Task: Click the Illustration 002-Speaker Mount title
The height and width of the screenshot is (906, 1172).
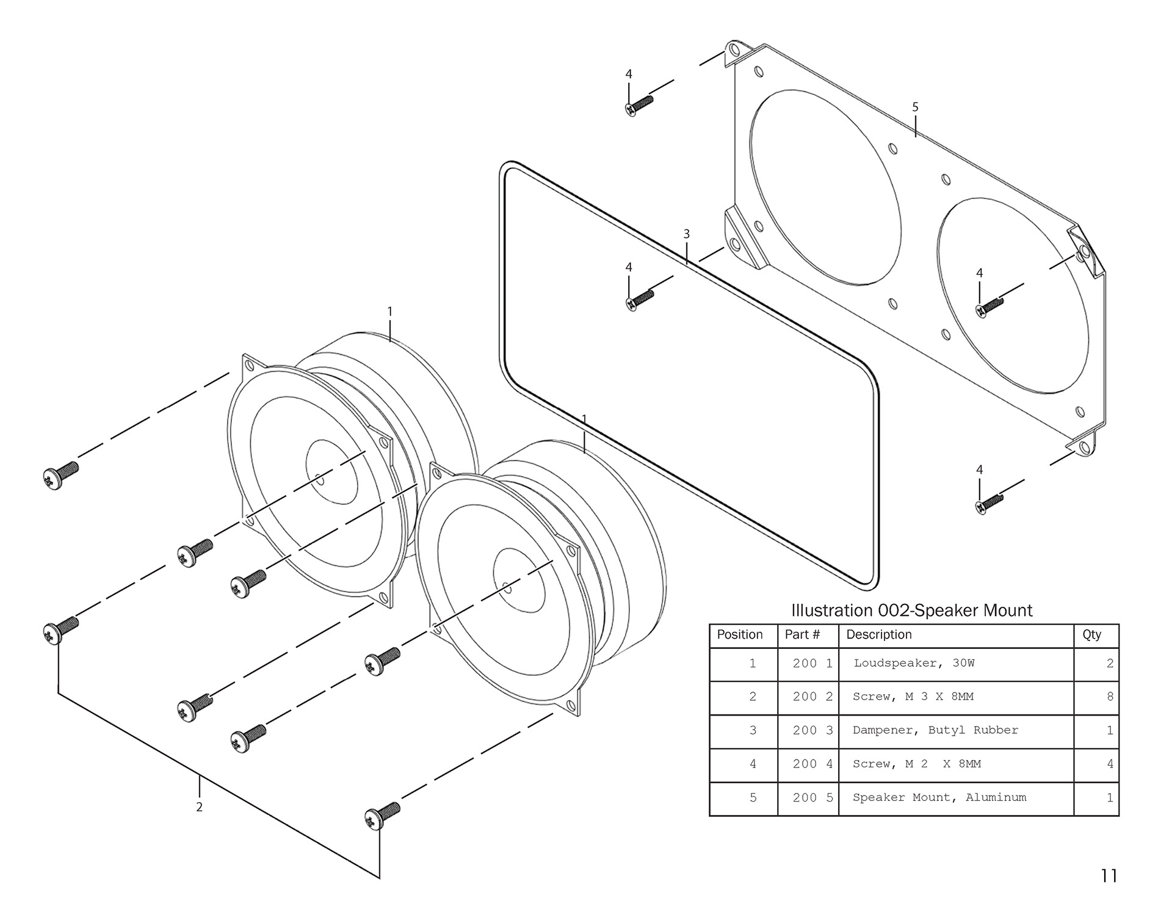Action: point(911,611)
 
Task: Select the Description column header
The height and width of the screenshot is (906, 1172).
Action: point(878,635)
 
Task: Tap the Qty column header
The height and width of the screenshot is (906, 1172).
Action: point(1091,635)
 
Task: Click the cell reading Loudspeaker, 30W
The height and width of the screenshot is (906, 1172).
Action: point(914,663)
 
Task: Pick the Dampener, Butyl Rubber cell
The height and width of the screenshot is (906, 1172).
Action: point(935,730)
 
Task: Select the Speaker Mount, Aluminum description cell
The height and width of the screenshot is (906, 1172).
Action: point(939,797)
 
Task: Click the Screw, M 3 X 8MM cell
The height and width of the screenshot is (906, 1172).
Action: point(913,697)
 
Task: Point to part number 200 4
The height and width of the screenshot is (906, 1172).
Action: point(812,764)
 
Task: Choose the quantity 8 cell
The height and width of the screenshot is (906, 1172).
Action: point(1110,697)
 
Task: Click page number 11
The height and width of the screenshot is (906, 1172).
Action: point(1109,876)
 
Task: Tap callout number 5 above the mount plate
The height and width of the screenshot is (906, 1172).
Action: point(915,107)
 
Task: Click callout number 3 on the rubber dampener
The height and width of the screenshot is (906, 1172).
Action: point(687,234)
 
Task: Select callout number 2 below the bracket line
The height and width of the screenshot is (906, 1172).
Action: point(199,807)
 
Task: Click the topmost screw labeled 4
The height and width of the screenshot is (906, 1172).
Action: point(639,105)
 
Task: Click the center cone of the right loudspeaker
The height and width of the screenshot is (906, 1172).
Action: point(519,579)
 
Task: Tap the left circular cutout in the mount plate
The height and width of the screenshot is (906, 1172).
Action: point(825,187)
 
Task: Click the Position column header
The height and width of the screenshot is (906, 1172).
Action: point(740,635)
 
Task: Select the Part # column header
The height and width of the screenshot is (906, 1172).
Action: point(802,635)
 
